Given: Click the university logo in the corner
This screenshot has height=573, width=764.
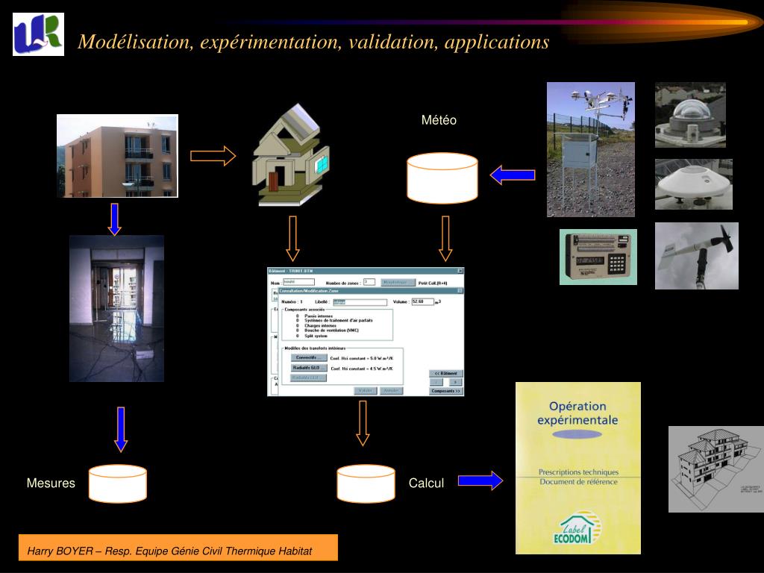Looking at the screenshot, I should (38, 34).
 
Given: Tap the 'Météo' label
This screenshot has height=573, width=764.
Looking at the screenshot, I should (439, 120).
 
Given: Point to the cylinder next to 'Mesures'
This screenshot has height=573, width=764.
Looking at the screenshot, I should (117, 483).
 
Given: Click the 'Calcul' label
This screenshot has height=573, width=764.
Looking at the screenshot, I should (426, 483).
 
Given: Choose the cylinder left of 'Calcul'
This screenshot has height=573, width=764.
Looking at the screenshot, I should (366, 483).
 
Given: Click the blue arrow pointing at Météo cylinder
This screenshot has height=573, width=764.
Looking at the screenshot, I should (513, 175).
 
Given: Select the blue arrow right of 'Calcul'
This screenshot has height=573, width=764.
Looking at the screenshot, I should (480, 480).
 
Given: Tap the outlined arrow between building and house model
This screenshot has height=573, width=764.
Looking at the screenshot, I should (213, 156).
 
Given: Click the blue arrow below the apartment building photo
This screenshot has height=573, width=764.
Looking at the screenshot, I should (114, 219).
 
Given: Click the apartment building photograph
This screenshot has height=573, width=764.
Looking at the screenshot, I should (118, 155).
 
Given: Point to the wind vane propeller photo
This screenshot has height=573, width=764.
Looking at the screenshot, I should (696, 255).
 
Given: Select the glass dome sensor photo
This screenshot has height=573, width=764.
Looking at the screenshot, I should (690, 114).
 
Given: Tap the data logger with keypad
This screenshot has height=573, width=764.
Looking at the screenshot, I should (598, 257).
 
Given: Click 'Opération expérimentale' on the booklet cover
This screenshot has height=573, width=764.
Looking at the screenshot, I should (577, 413).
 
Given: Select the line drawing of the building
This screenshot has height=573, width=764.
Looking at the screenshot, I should (716, 469).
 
